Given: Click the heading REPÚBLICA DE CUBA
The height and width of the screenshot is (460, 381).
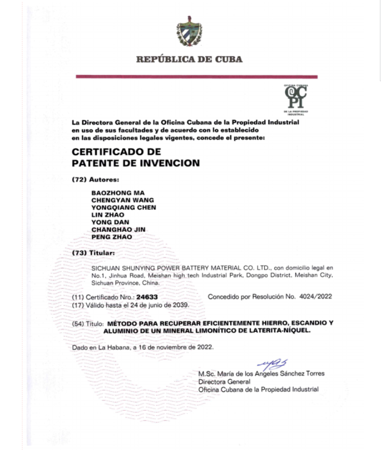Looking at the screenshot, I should click(x=190, y=60).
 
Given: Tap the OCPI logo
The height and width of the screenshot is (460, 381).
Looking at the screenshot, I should click(x=296, y=95).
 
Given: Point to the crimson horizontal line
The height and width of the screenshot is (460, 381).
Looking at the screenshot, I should click(x=196, y=77).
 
